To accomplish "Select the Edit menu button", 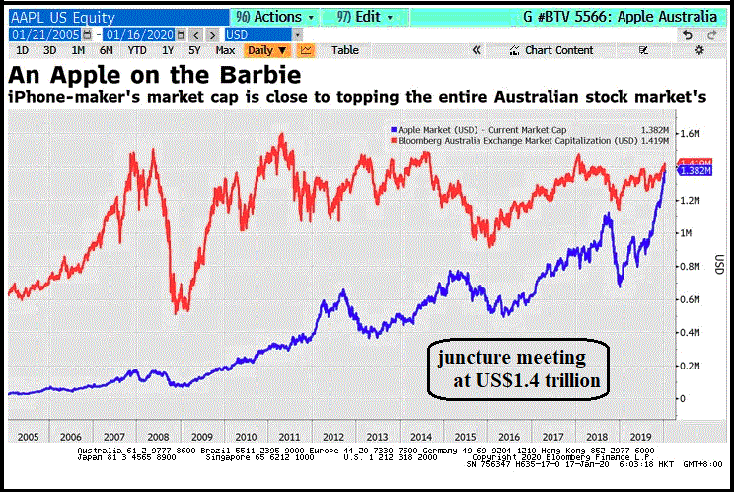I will point(364,18).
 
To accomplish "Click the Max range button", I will point(225,50).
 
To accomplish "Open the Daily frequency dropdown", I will point(266,50).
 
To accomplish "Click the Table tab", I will point(345,50).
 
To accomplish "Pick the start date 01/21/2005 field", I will point(45,35).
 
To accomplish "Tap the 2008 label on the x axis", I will point(157,435).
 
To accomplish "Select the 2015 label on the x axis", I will point(460,435).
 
